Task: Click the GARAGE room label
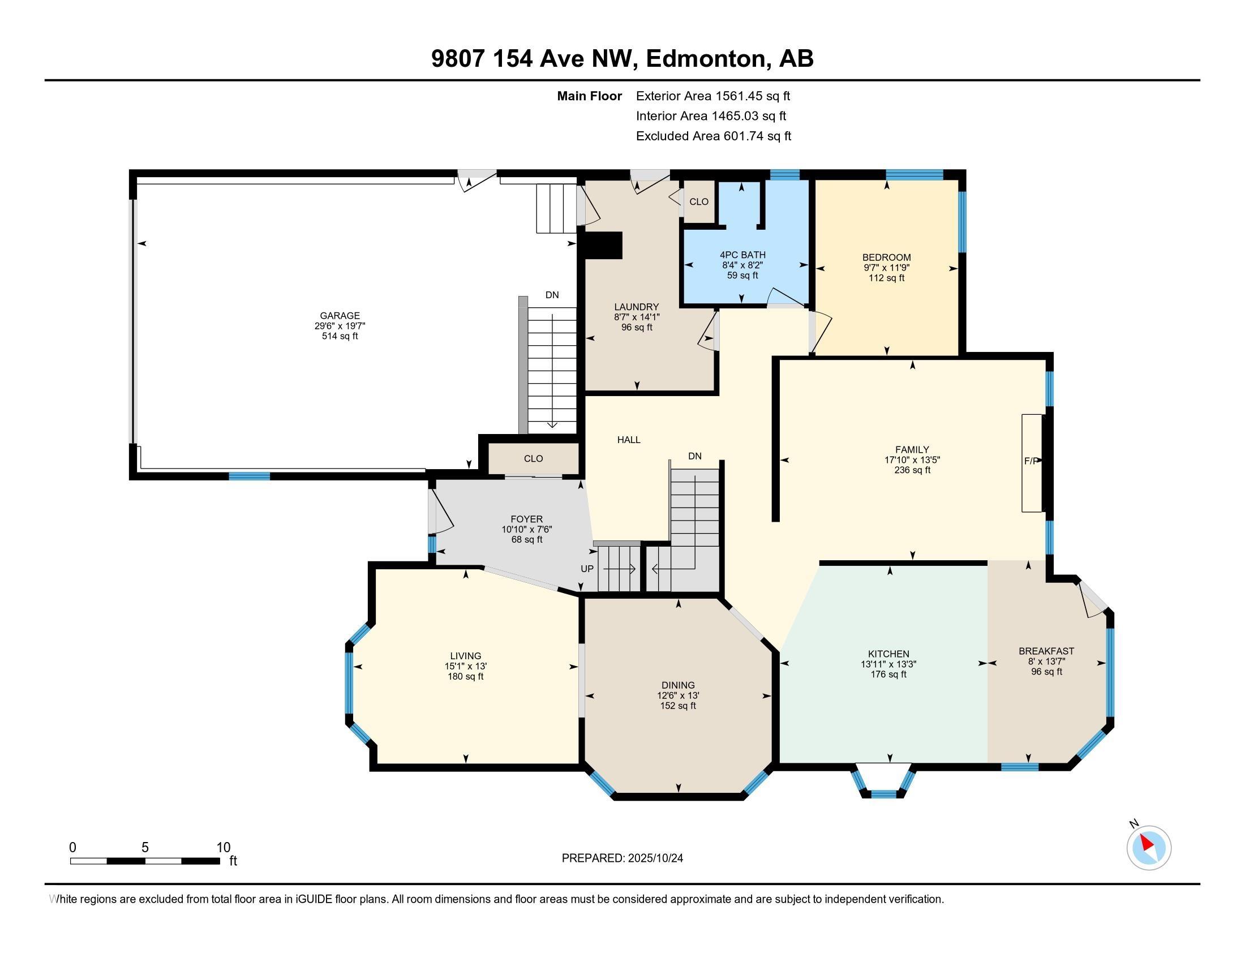pyautogui.click(x=340, y=316)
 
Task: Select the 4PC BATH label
pyautogui.click(x=742, y=255)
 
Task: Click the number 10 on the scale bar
pyautogui.click(x=224, y=848)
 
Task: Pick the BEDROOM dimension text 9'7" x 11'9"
pyautogui.click(x=886, y=268)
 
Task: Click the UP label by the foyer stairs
pyautogui.click(x=587, y=569)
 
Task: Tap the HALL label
pyautogui.click(x=629, y=440)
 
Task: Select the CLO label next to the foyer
pyautogui.click(x=534, y=459)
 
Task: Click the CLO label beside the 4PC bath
pyautogui.click(x=699, y=202)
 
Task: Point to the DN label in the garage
pyautogui.click(x=552, y=295)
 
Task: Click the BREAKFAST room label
pyautogui.click(x=1046, y=651)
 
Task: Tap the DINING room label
pyautogui.click(x=679, y=686)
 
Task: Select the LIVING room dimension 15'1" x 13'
pyautogui.click(x=466, y=666)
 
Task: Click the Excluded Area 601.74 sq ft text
pyautogui.click(x=714, y=136)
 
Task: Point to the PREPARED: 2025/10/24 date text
pyautogui.click(x=622, y=858)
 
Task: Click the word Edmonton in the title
pyautogui.click(x=706, y=59)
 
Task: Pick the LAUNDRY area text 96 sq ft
pyautogui.click(x=637, y=328)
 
